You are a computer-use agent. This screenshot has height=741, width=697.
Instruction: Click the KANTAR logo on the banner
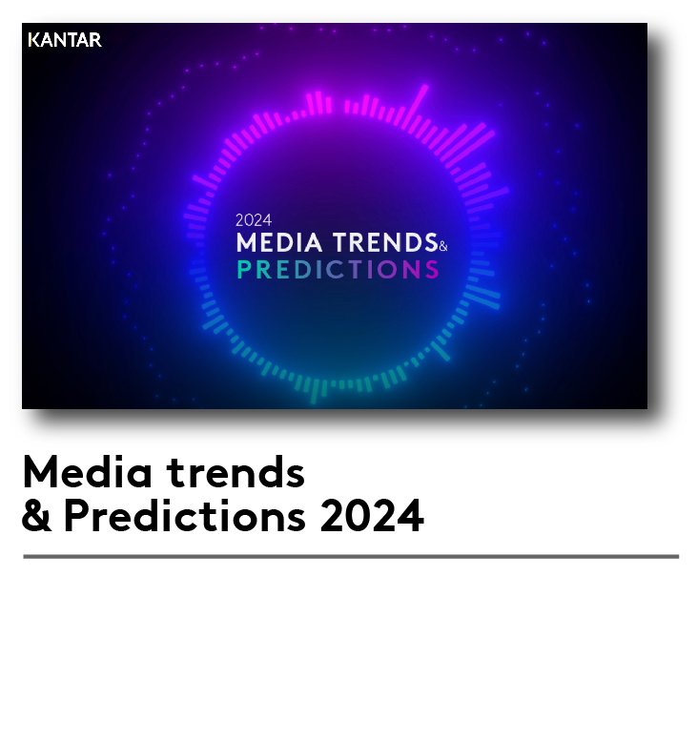[65, 40]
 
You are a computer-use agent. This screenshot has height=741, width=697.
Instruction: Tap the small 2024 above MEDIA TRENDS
[254, 220]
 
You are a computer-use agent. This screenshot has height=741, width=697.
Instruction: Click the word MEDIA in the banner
[279, 242]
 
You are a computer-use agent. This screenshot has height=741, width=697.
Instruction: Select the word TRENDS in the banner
[385, 242]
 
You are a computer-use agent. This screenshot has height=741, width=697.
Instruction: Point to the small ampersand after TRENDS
[442, 246]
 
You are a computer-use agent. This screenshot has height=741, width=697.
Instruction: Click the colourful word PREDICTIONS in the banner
[338, 270]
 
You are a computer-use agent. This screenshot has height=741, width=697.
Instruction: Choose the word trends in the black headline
[236, 472]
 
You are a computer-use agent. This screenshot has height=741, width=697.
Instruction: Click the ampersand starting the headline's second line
[36, 515]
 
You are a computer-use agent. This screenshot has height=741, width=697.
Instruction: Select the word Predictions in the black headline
[185, 515]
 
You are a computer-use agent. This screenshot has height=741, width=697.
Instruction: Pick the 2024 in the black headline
[372, 516]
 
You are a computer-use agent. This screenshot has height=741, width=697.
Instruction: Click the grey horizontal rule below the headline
[351, 557]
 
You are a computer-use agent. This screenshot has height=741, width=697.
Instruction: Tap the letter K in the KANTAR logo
[33, 40]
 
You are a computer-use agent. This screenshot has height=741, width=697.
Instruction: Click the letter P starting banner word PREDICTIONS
[243, 270]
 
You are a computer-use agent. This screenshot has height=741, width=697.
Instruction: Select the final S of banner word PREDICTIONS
[432, 270]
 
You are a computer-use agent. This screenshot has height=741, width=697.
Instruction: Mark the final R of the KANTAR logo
[96, 40]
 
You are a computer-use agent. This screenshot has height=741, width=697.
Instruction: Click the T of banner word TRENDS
[340, 242]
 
